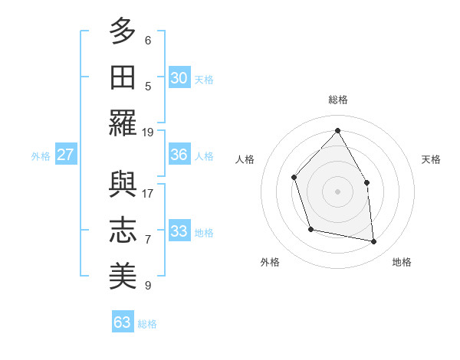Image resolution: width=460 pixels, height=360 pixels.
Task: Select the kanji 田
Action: tap(123, 77)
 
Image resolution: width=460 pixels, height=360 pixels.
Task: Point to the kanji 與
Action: tap(123, 185)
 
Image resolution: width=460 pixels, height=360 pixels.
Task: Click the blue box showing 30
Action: tap(179, 78)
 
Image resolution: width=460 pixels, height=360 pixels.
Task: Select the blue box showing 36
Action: tap(179, 155)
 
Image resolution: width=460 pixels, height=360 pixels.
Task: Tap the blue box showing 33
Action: tap(179, 231)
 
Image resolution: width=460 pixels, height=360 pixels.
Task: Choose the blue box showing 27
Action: tap(65, 155)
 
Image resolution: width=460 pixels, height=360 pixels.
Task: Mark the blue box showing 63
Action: tap(122, 322)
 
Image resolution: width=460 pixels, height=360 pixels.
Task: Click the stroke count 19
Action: tap(148, 132)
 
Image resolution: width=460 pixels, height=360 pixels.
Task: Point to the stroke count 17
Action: tap(148, 192)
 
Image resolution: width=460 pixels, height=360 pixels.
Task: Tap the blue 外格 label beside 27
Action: tap(41, 155)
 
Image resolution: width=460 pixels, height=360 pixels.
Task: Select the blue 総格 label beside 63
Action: tap(147, 323)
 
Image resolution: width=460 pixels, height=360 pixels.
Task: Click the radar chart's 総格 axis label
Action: tap(337, 100)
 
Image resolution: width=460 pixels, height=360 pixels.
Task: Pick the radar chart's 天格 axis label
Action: tap(431, 159)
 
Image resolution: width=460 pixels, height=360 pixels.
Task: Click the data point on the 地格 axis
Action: tap(374, 242)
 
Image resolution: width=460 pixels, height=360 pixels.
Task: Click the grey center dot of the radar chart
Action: tap(337, 191)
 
